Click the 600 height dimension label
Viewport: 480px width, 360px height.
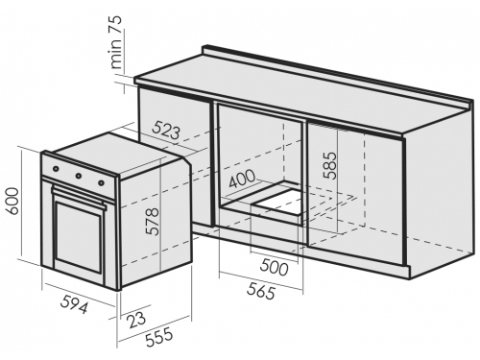click(12, 201)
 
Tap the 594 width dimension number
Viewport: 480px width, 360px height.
click(74, 304)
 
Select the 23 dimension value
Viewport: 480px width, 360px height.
click(137, 318)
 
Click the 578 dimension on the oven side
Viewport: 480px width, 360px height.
click(152, 222)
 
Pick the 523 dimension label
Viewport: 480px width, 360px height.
click(166, 130)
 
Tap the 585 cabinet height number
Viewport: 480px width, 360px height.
click(330, 165)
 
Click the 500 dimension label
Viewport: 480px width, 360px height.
click(275, 267)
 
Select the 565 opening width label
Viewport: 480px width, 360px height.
click(261, 291)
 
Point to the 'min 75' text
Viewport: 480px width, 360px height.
click(116, 41)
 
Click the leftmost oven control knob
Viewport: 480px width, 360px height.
click(56, 168)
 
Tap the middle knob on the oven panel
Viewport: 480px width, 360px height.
click(78, 176)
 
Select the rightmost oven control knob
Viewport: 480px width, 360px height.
click(101, 182)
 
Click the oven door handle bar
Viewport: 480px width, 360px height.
click(79, 198)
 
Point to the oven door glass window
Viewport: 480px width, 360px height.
click(79, 237)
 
